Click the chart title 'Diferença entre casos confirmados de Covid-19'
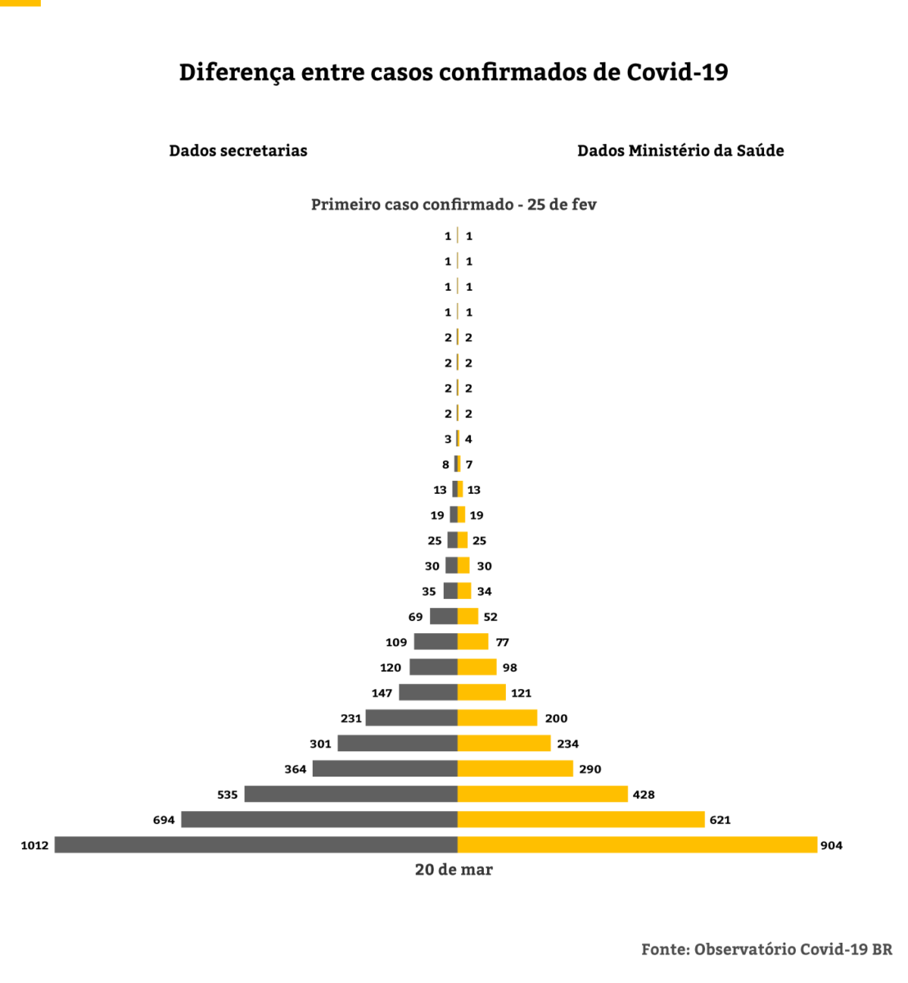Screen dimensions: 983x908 pyautogui.click(x=454, y=72)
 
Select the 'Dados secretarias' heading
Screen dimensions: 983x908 pyautogui.click(x=238, y=151)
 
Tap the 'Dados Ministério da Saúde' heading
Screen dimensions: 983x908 pyautogui.click(x=680, y=151)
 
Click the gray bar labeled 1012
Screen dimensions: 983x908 pyautogui.click(x=255, y=845)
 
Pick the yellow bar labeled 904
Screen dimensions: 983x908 pyautogui.click(x=637, y=845)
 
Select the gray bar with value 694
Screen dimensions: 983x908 pyautogui.click(x=319, y=819)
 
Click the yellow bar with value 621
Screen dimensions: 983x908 pyautogui.click(x=580, y=819)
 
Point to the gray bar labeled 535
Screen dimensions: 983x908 pyautogui.click(x=350, y=794)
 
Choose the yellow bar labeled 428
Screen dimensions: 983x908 pyautogui.click(x=542, y=794)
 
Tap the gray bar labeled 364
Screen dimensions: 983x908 pyautogui.click(x=385, y=768)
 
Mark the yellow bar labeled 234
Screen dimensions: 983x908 pyautogui.click(x=504, y=743)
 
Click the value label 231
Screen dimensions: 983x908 pyautogui.click(x=351, y=718)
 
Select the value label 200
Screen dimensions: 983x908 pyautogui.click(x=556, y=718)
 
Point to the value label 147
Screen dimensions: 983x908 pyautogui.click(x=382, y=693)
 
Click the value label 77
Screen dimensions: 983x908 pyautogui.click(x=502, y=642)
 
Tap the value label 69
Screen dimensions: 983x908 pyautogui.click(x=416, y=617)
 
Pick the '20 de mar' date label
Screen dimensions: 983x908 pyautogui.click(x=454, y=870)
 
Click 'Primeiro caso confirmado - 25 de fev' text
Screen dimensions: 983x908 pyautogui.click(x=454, y=205)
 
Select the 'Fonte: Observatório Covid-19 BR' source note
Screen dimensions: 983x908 pyautogui.click(x=766, y=949)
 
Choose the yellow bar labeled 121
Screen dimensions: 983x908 pyautogui.click(x=481, y=693)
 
